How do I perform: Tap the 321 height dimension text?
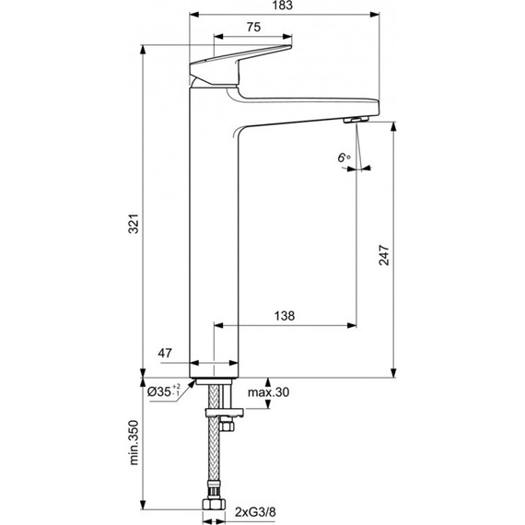click(x=134, y=223)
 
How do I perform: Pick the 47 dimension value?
click(x=166, y=353)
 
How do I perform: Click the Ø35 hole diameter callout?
click(x=166, y=392)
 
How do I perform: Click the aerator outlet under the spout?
click(x=356, y=120)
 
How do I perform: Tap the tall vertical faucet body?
click(x=214, y=239)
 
